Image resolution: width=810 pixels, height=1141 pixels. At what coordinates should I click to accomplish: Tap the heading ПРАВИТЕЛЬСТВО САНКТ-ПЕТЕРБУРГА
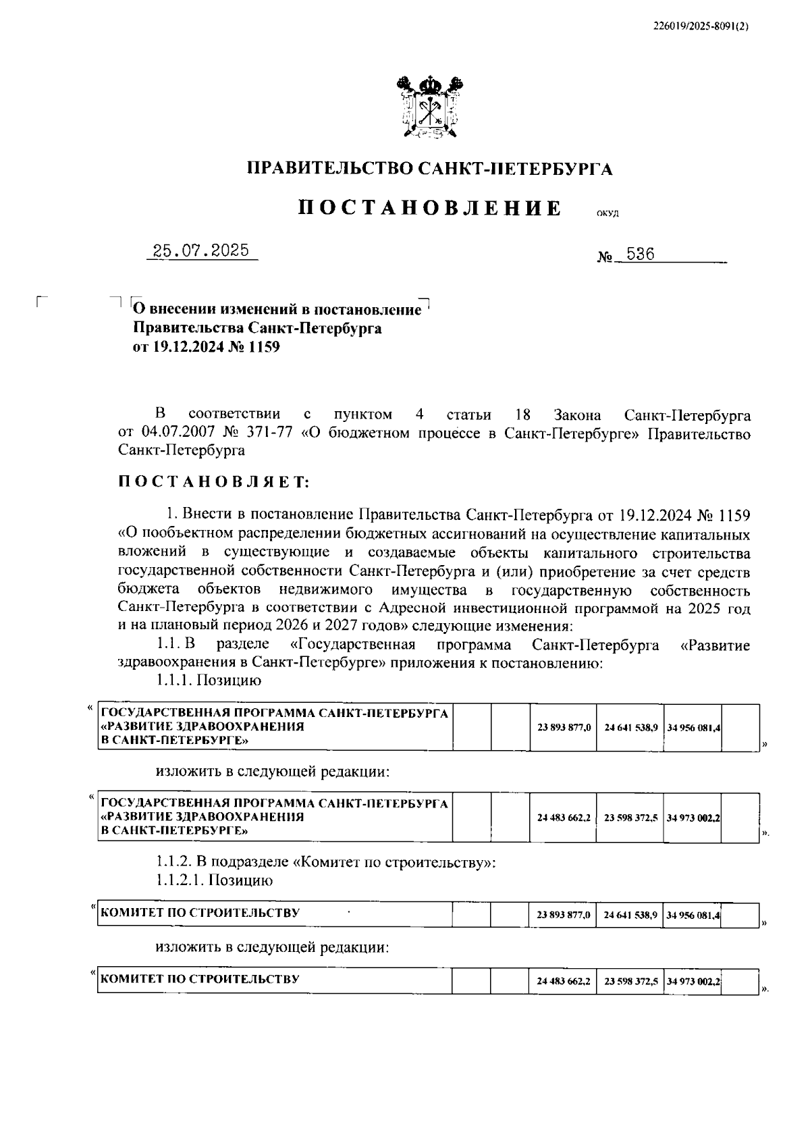[x=430, y=169]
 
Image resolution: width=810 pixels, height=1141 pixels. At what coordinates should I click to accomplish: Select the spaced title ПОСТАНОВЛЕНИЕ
[x=430, y=208]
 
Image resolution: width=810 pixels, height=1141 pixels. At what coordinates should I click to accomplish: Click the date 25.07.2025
[x=201, y=252]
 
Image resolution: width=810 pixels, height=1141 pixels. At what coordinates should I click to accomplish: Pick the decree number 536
[x=641, y=255]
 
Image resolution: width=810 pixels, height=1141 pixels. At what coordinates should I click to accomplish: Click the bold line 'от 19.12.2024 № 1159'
[x=206, y=348]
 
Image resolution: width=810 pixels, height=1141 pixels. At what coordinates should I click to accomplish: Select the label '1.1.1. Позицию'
[x=209, y=681]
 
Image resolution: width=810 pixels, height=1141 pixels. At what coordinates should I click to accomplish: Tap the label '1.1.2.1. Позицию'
[x=214, y=880]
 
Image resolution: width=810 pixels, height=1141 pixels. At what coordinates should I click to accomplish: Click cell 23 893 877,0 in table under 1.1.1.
[x=564, y=728]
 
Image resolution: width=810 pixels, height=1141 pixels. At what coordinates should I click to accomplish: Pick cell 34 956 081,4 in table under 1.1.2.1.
[x=693, y=916]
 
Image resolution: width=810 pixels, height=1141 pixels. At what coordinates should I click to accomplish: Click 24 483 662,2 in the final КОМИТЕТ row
[x=564, y=981]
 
